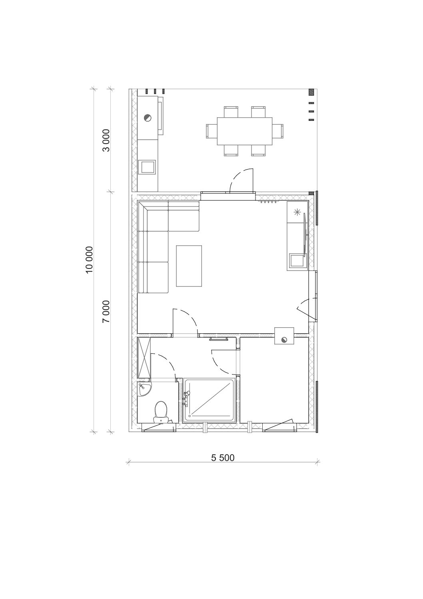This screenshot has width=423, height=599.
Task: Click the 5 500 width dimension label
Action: pyautogui.click(x=223, y=457)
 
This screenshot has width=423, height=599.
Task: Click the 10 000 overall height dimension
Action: pyautogui.click(x=90, y=259)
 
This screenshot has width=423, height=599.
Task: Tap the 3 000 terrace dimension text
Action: pyautogui.click(x=106, y=140)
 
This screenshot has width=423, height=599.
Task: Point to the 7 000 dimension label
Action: pyautogui.click(x=106, y=311)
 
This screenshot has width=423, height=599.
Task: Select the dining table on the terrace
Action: pyautogui.click(x=245, y=131)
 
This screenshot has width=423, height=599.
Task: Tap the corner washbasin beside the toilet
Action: pyautogui.click(x=144, y=389)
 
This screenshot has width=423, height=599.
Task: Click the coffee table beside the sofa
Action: pyautogui.click(x=189, y=266)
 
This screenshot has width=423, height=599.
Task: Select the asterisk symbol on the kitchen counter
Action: pyautogui.click(x=297, y=212)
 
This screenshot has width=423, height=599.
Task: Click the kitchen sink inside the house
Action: pyautogui.click(x=296, y=261)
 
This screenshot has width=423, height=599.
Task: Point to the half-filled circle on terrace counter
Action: pyautogui.click(x=147, y=117)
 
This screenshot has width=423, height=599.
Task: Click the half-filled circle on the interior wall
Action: pyautogui.click(x=284, y=340)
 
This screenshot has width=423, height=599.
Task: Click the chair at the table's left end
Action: pyautogui.click(x=211, y=131)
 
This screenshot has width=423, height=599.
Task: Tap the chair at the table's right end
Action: pyautogui.click(x=277, y=131)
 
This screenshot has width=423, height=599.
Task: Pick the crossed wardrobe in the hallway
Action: pyautogui.click(x=144, y=358)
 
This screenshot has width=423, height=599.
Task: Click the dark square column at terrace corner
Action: pyautogui.click(x=311, y=92)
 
